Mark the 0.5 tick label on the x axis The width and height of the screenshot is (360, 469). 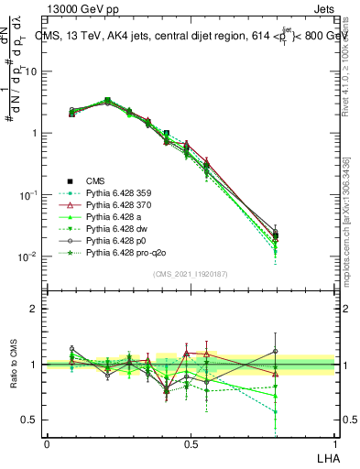coord(191,442)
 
